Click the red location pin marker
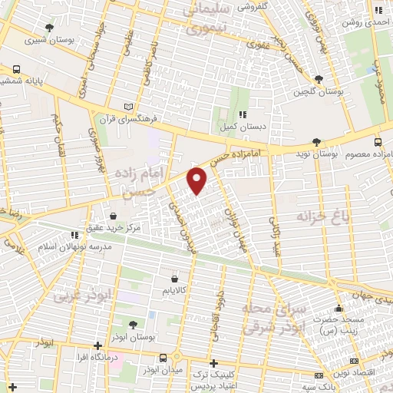pos(197,180)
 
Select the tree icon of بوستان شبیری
pos(50,28)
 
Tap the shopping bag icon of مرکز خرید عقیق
pos(114,216)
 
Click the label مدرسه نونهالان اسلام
pos(74,248)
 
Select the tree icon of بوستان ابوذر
pos(134,325)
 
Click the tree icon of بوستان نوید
pos(316,140)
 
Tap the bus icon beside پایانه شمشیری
pos(17,69)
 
